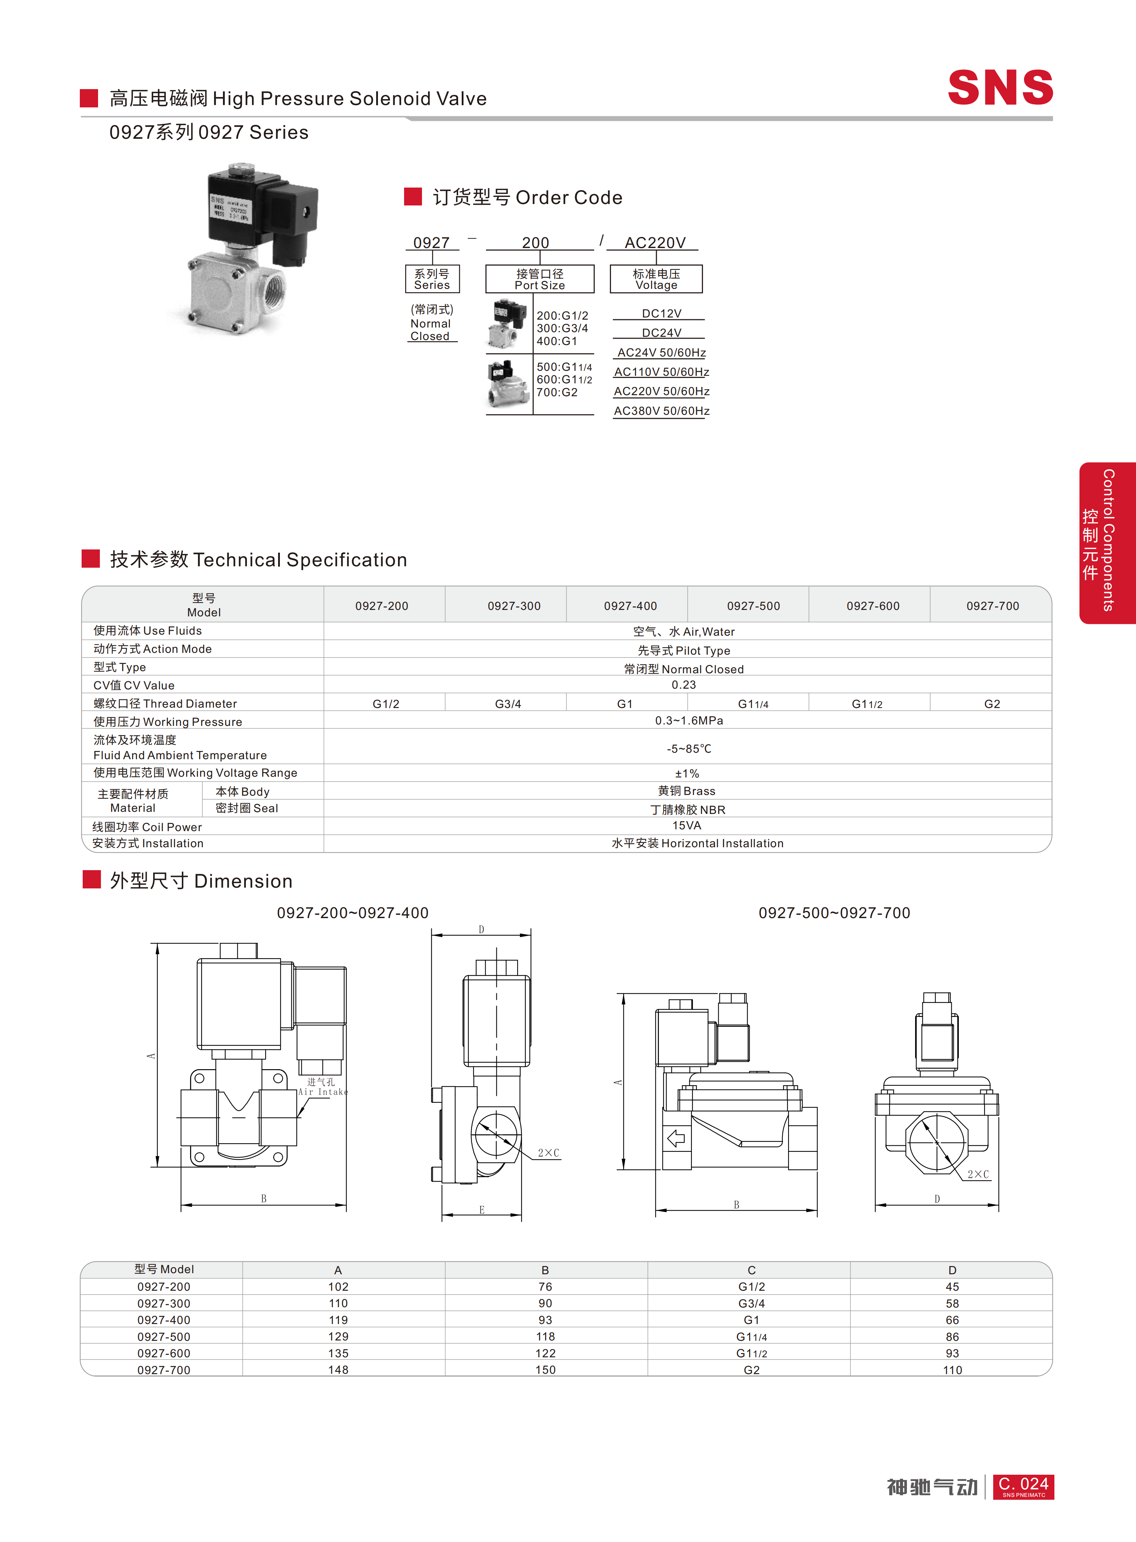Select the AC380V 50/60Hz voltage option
coord(661,411)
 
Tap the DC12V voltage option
coord(661,314)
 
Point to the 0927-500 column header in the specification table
coord(754,606)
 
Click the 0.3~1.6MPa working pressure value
coord(689,720)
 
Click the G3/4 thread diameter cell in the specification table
coord(508,704)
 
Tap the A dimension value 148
coord(338,1369)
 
